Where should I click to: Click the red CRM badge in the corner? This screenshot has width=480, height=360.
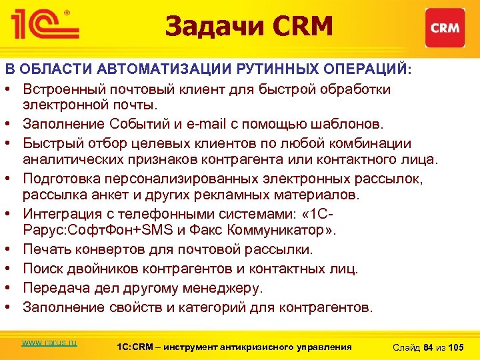[445, 28]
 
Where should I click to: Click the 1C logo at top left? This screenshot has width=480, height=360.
[43, 25]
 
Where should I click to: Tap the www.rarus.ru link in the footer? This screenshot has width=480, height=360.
[49, 342]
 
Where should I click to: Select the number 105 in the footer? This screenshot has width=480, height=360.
[456, 347]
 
